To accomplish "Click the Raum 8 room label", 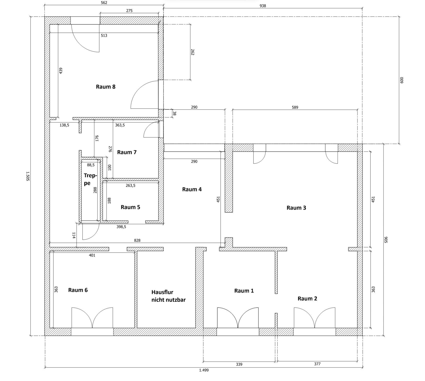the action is pyautogui.click(x=105, y=87).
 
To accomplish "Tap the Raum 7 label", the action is pyautogui.click(x=127, y=152).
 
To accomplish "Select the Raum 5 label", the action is pyautogui.click(x=130, y=207).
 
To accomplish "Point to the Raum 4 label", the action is pyautogui.click(x=192, y=189).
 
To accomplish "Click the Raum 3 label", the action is pyautogui.click(x=296, y=208).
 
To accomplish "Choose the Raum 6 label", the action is pyautogui.click(x=78, y=290).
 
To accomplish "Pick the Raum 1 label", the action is pyautogui.click(x=244, y=291).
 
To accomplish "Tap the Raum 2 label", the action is pyautogui.click(x=307, y=298).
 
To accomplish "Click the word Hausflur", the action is pyautogui.click(x=162, y=292).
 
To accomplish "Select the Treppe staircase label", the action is pyautogui.click(x=90, y=179).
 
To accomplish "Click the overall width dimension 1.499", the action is pyautogui.click(x=204, y=370).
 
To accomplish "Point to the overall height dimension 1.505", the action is pyautogui.click(x=28, y=176).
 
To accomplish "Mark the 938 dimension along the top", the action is pyautogui.click(x=263, y=6).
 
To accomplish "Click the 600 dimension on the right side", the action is pyautogui.click(x=402, y=80).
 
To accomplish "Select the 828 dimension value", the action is pyautogui.click(x=137, y=240).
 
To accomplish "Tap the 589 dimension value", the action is pyautogui.click(x=295, y=107).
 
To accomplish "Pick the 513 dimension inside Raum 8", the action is pyautogui.click(x=104, y=36).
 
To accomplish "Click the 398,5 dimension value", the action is pyautogui.click(x=121, y=227).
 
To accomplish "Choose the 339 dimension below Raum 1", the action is pyautogui.click(x=239, y=364).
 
